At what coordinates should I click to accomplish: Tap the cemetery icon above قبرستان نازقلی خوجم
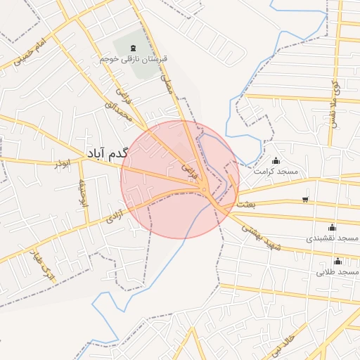tap(134, 48)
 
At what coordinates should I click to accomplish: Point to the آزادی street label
tap(115, 215)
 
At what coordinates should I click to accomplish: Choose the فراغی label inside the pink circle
tap(191, 170)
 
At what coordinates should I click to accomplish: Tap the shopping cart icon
tap(304, 199)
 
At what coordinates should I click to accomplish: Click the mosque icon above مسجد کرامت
tap(276, 160)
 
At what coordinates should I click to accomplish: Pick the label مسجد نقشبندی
tap(333, 238)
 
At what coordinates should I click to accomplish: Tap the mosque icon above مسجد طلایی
tap(337, 261)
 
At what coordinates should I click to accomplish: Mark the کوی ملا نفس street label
tap(335, 98)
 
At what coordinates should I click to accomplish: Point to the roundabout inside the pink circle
tap(204, 189)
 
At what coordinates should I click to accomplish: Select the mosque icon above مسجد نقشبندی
tap(332, 228)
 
